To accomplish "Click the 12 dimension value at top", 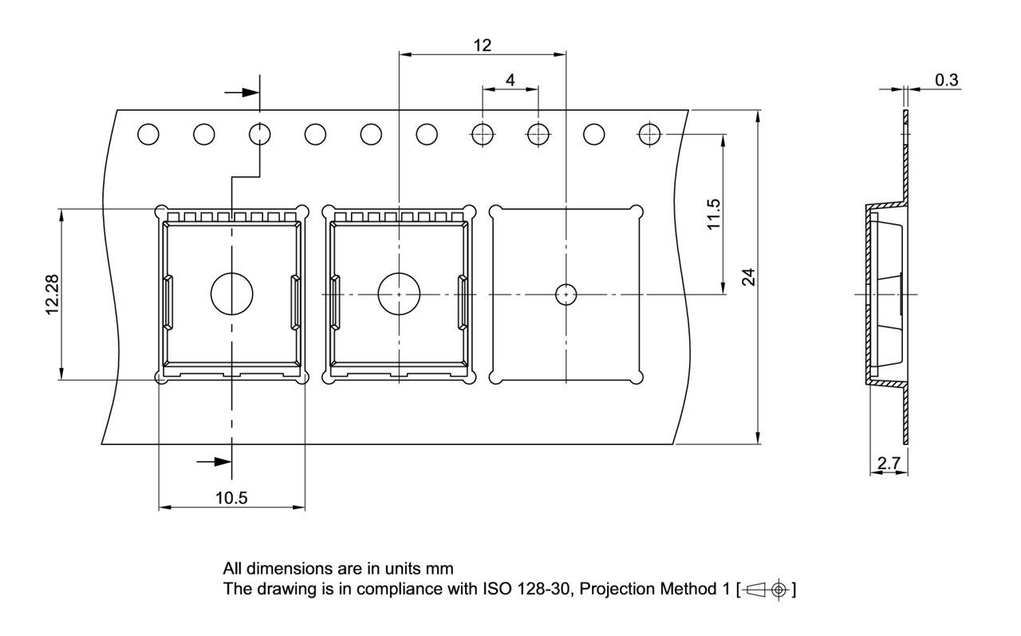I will pos(482,45).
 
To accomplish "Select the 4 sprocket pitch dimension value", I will pos(510,80).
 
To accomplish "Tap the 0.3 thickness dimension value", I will pos(947,79).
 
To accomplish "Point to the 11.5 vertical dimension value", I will pos(714,214).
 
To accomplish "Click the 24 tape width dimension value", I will pos(747,277).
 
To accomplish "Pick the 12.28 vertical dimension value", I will pos(52,294).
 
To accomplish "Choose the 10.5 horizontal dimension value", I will pos(231,498).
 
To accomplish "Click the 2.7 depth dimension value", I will pos(889,463).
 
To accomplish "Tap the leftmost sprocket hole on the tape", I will pos(148,135).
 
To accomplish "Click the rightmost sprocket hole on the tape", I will pos(650,135).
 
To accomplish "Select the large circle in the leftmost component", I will pos(231,293).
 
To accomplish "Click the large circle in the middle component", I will pos(399,293).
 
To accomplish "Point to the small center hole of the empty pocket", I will pos(566,294).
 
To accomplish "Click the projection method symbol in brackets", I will pos(766,591).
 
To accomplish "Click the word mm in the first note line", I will pos(441,569).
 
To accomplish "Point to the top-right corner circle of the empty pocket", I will pos(636,211).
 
